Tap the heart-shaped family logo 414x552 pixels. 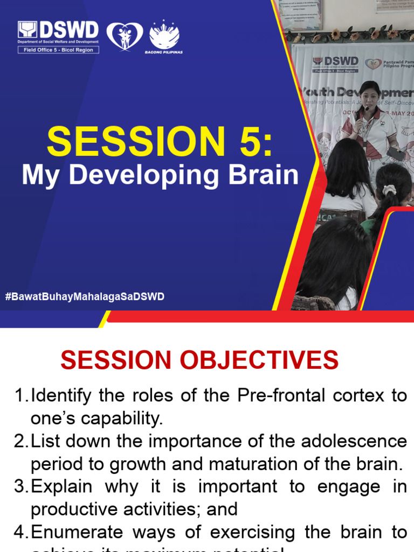click(x=125, y=36)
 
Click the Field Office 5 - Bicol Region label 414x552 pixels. click(x=58, y=50)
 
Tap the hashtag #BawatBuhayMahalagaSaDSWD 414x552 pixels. click(x=85, y=296)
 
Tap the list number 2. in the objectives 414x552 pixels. click(x=21, y=441)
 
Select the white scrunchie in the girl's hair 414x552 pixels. click(x=388, y=189)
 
